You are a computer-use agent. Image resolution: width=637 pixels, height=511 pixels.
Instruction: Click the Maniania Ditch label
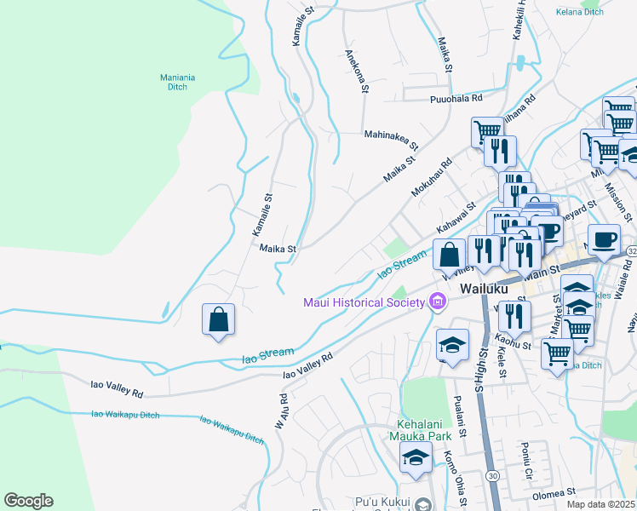pyautogui.click(x=177, y=82)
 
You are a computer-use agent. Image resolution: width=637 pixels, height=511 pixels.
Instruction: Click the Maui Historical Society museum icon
pyautogui.click(x=439, y=301)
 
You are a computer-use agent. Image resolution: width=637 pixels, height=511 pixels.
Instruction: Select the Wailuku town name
pyautogui.click(x=484, y=290)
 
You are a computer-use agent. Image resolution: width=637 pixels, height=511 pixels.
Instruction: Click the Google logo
pyautogui.click(x=28, y=501)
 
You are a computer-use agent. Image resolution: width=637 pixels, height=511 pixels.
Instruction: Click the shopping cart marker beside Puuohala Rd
pyautogui.click(x=486, y=131)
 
